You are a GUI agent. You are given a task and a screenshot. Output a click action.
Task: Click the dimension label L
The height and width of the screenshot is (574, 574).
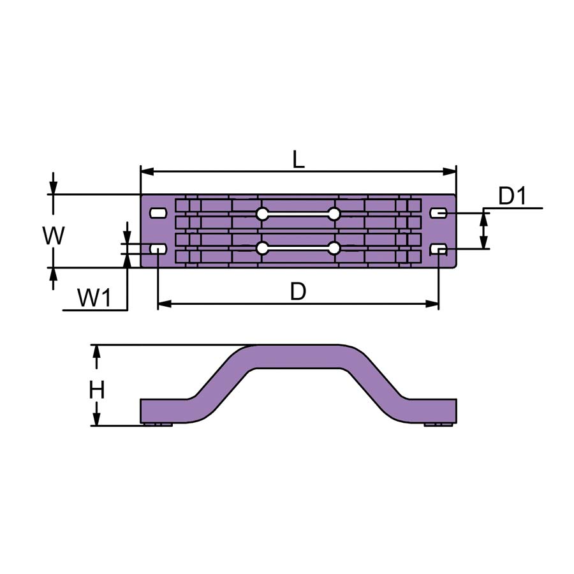tap(298, 159)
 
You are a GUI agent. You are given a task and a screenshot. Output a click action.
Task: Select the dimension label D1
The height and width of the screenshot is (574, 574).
tap(512, 196)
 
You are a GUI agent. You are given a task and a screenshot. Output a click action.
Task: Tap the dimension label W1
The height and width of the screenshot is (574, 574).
tap(94, 298)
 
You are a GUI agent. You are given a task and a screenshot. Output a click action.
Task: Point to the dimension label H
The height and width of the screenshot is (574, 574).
tap(97, 390)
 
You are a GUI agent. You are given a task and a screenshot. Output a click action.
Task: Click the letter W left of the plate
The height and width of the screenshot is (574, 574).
tap(54, 235)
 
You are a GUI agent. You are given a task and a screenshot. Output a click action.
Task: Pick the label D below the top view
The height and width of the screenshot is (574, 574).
tap(298, 291)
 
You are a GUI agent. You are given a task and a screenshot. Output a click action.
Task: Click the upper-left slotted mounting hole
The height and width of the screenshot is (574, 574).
tap(159, 212)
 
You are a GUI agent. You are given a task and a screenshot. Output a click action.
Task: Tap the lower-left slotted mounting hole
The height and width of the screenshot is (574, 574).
tap(159, 249)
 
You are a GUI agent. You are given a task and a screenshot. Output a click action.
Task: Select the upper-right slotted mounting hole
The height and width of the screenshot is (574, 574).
tap(438, 212)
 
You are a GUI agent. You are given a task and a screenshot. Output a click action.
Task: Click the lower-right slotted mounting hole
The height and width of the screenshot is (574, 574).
tap(438, 249)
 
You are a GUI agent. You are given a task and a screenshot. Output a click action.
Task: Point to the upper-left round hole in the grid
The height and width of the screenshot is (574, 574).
tap(262, 214)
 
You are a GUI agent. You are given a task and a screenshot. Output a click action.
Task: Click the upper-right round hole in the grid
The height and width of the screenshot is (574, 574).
tap(334, 214)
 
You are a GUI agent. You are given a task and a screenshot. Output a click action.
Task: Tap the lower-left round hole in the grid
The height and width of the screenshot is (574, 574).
tap(262, 248)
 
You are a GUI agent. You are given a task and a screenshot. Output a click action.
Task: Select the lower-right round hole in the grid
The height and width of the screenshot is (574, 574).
tap(334, 248)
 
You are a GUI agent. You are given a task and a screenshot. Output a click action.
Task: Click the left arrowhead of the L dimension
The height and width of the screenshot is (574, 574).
tap(147, 172)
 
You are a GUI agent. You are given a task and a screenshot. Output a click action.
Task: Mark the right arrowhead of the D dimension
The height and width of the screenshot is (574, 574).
tap(432, 304)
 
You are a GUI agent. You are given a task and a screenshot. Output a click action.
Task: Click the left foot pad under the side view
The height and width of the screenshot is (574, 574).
tap(158, 424)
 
